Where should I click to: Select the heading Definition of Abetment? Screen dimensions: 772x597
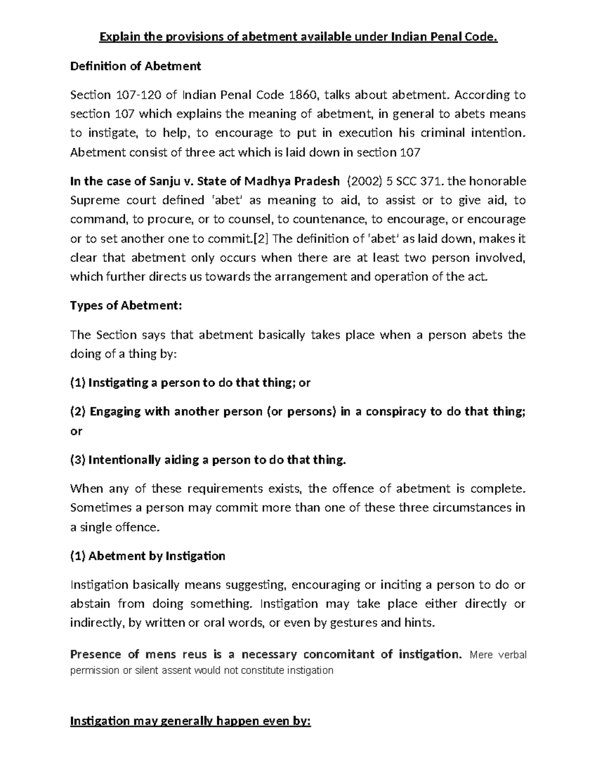[135, 66]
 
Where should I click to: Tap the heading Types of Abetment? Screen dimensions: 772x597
[126, 306]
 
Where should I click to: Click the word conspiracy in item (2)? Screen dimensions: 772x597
[396, 412]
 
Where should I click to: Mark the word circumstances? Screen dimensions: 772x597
[467, 508]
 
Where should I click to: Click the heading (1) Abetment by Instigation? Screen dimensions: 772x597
[148, 556]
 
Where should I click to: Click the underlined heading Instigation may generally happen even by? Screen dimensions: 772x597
[191, 721]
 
